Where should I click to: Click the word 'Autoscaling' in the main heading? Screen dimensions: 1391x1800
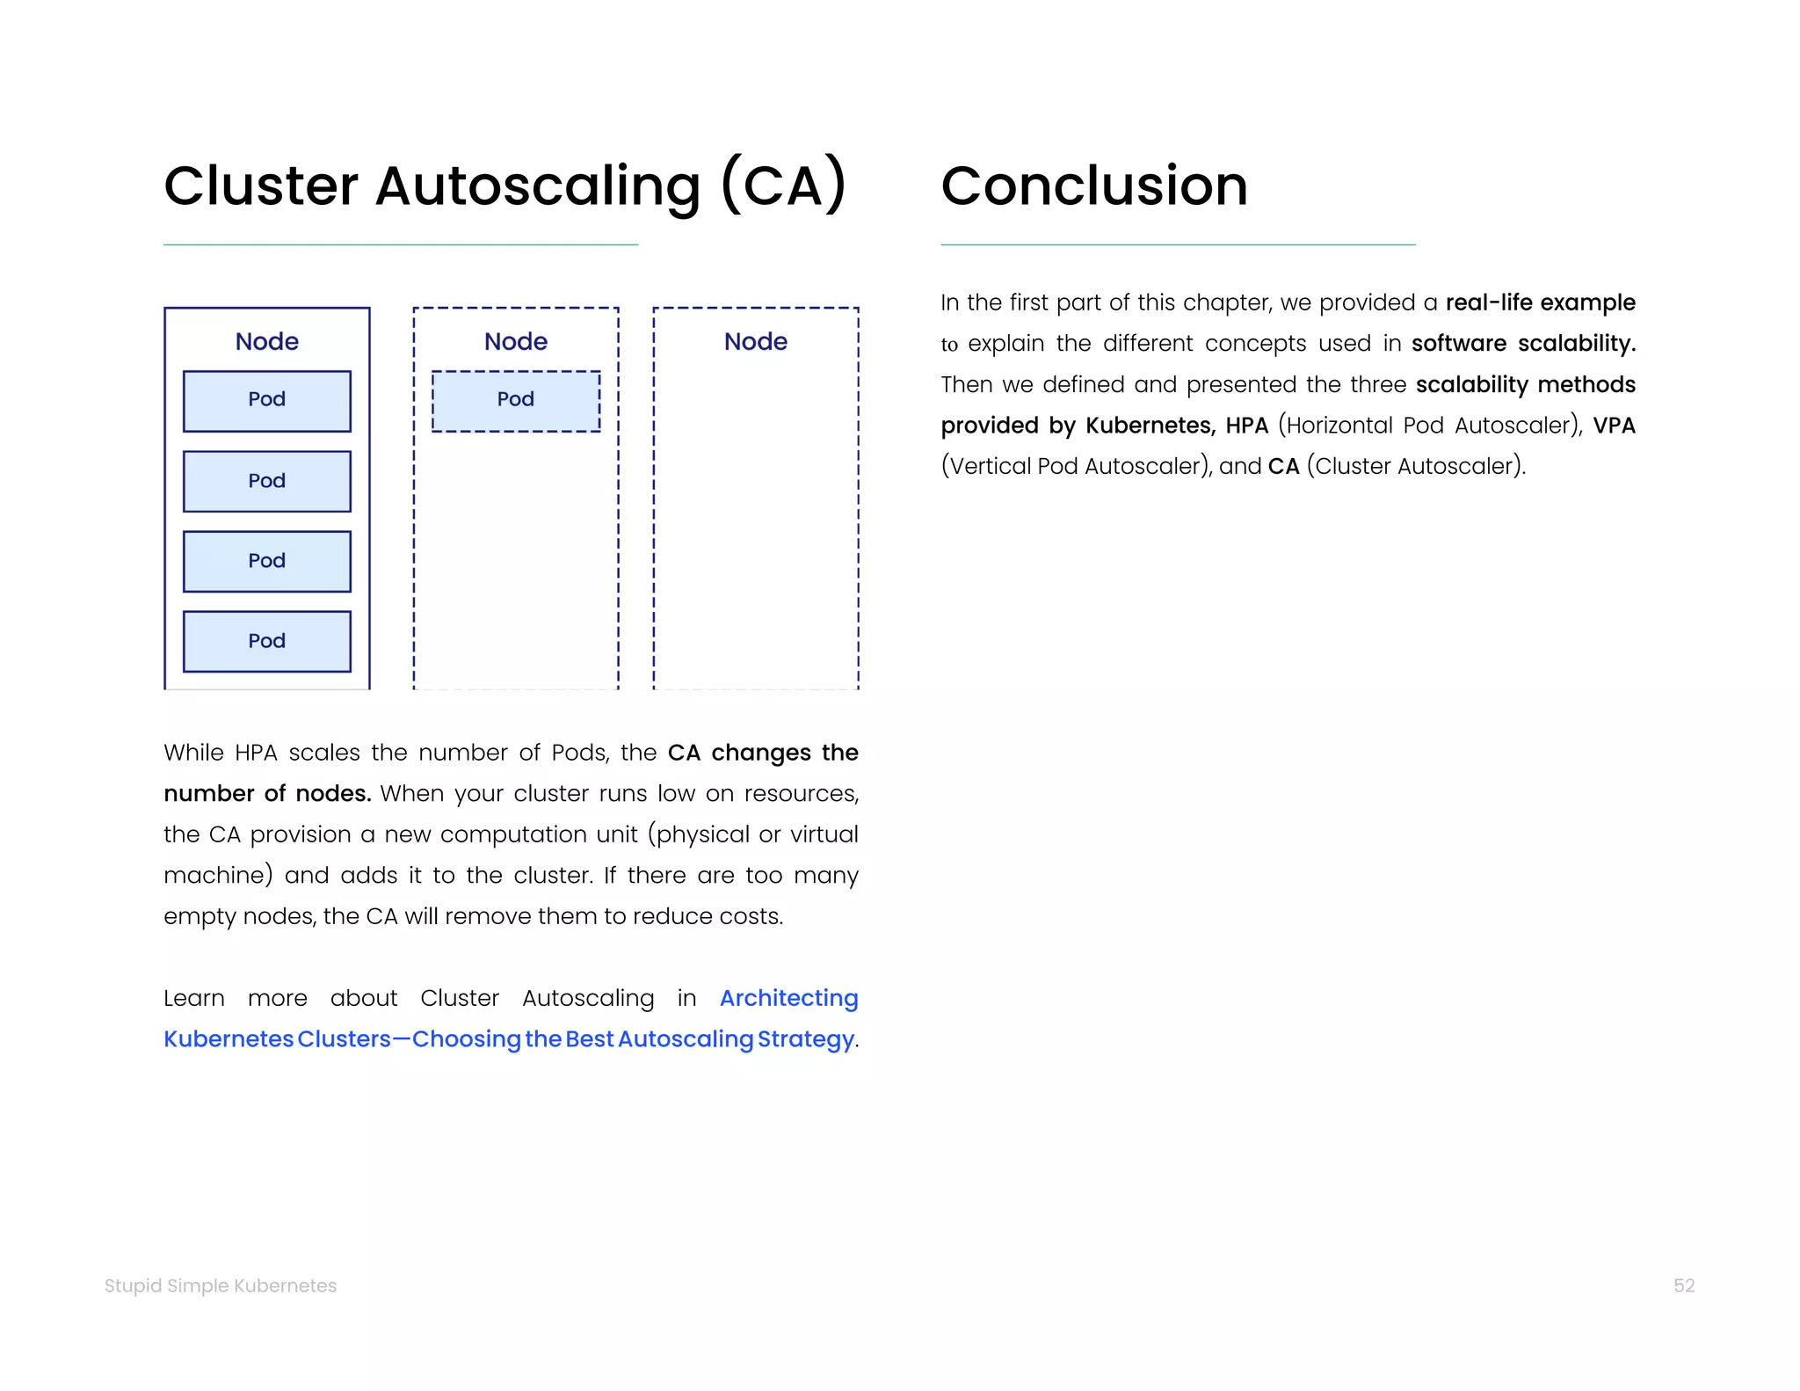pyautogui.click(x=537, y=186)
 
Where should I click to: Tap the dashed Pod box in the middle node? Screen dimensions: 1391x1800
pyautogui.click(x=516, y=401)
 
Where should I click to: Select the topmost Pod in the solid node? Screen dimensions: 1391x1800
pyautogui.click(x=267, y=401)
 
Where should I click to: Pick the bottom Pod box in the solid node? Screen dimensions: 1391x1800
pyautogui.click(x=267, y=641)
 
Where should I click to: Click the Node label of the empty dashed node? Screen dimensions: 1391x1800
pyautogui.click(x=756, y=341)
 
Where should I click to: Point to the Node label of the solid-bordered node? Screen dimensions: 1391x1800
pyautogui.click(x=267, y=341)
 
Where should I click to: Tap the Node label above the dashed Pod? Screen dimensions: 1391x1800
pyautogui.click(x=516, y=341)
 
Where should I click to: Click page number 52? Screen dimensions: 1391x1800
pyautogui.click(x=1683, y=1285)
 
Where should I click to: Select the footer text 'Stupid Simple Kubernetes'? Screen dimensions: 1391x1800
pyautogui.click(x=221, y=1285)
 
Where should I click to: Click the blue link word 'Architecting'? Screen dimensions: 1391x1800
pyautogui.click(x=788, y=998)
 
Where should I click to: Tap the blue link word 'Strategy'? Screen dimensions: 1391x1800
pyautogui.click(x=805, y=1039)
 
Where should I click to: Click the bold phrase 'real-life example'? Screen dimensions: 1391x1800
pyautogui.click(x=1540, y=302)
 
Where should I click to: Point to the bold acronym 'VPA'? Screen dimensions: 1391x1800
pyautogui.click(x=1614, y=426)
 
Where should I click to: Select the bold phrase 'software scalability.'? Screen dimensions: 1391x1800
pyautogui.click(x=1523, y=343)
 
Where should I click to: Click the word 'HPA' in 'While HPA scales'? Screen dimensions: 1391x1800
pyautogui.click(x=256, y=753)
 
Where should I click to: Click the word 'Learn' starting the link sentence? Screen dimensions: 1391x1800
pyautogui.click(x=194, y=998)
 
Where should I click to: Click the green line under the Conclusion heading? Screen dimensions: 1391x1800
pyautogui.click(x=1178, y=244)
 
